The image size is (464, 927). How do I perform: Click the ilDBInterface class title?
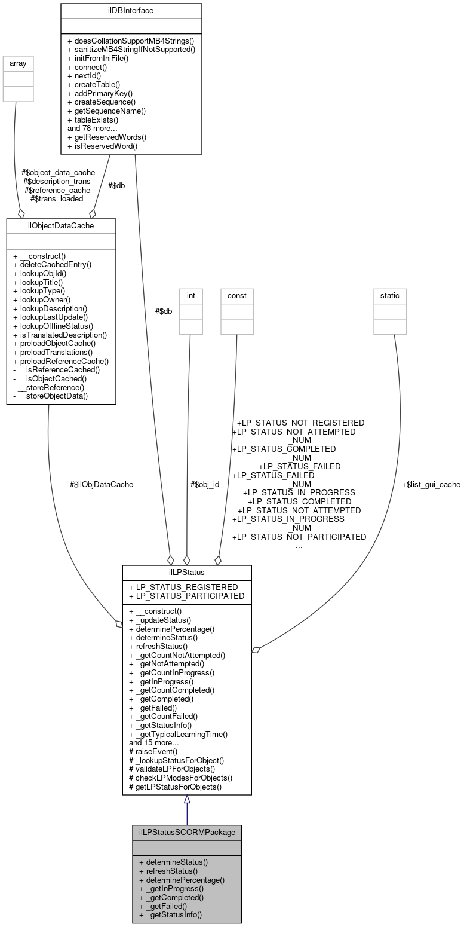(131, 11)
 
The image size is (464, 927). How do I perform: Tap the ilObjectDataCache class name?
(61, 225)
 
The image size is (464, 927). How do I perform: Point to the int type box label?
(190, 295)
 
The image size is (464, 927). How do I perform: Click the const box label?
(236, 295)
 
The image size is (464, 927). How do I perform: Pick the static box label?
(390, 295)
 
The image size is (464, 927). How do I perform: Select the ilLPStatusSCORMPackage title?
(187, 832)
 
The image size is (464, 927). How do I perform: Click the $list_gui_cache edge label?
(431, 485)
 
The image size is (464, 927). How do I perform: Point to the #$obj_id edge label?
(204, 485)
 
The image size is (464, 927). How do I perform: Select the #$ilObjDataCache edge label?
(102, 485)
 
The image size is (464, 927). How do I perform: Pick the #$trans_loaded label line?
(57, 199)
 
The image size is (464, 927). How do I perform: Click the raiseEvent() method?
(153, 751)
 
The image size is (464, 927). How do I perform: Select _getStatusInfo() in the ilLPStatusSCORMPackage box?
(170, 914)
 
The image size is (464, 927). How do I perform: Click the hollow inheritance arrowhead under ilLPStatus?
(187, 800)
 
